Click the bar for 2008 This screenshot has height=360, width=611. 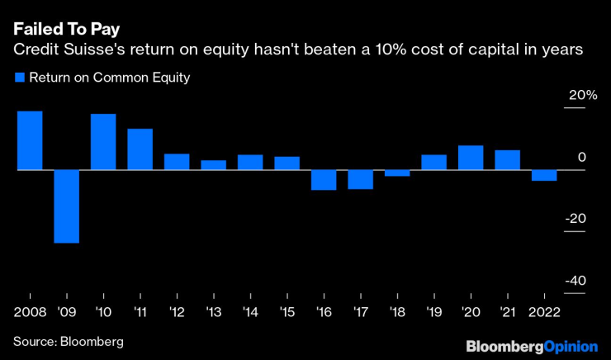click(x=30, y=140)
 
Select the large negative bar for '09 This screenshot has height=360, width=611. click(x=67, y=206)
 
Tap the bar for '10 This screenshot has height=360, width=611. click(x=103, y=142)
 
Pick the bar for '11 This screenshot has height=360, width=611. click(x=140, y=149)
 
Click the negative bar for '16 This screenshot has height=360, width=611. click(x=324, y=180)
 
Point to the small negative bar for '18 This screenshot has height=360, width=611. click(x=397, y=173)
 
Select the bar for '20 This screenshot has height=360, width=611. click(x=471, y=158)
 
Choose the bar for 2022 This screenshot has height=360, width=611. click(x=544, y=175)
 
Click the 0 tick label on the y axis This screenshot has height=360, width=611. click(x=581, y=157)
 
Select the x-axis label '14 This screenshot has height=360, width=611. click(x=249, y=313)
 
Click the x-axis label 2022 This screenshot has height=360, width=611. click(x=544, y=313)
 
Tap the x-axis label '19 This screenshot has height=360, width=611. click(x=433, y=313)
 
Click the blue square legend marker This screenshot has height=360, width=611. click(x=19, y=78)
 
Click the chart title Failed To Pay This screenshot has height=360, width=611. click(x=66, y=29)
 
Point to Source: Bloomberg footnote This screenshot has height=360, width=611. click(x=68, y=340)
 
